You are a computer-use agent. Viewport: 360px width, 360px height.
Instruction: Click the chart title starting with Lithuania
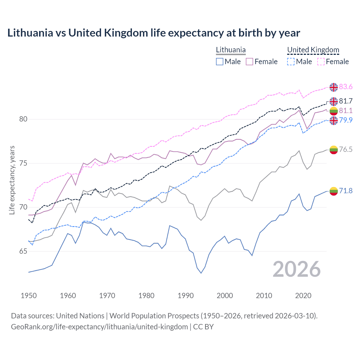point(154,33)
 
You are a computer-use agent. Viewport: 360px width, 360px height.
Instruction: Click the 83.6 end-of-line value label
point(346,87)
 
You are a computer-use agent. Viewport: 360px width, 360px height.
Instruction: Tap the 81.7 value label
point(346,101)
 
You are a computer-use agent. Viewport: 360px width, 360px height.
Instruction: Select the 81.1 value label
point(346,111)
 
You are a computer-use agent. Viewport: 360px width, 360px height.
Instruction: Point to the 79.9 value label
point(346,120)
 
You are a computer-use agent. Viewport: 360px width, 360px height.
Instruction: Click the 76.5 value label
point(346,149)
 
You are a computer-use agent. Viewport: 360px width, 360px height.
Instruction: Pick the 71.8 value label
point(346,191)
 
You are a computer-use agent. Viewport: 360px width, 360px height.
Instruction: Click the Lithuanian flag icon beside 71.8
point(334,191)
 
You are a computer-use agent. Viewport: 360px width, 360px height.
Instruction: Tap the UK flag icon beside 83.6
point(334,87)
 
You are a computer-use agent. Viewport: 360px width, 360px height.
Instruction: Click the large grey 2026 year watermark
point(297,269)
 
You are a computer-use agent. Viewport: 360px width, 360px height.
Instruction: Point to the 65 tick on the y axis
point(23,251)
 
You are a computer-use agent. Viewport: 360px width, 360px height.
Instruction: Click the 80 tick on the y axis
point(23,119)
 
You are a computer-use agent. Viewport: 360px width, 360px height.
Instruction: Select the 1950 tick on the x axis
point(29,296)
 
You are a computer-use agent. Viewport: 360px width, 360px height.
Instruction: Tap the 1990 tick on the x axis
point(186,296)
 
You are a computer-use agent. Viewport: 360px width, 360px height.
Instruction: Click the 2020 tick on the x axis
point(303,296)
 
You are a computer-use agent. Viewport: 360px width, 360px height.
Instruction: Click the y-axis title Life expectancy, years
point(12,180)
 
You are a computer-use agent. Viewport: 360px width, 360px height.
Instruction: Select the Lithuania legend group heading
point(231,50)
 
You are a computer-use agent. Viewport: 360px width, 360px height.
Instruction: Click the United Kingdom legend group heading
point(313,50)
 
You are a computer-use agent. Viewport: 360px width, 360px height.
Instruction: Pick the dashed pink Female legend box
point(321,62)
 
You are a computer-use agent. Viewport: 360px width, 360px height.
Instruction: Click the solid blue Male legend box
point(220,62)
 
